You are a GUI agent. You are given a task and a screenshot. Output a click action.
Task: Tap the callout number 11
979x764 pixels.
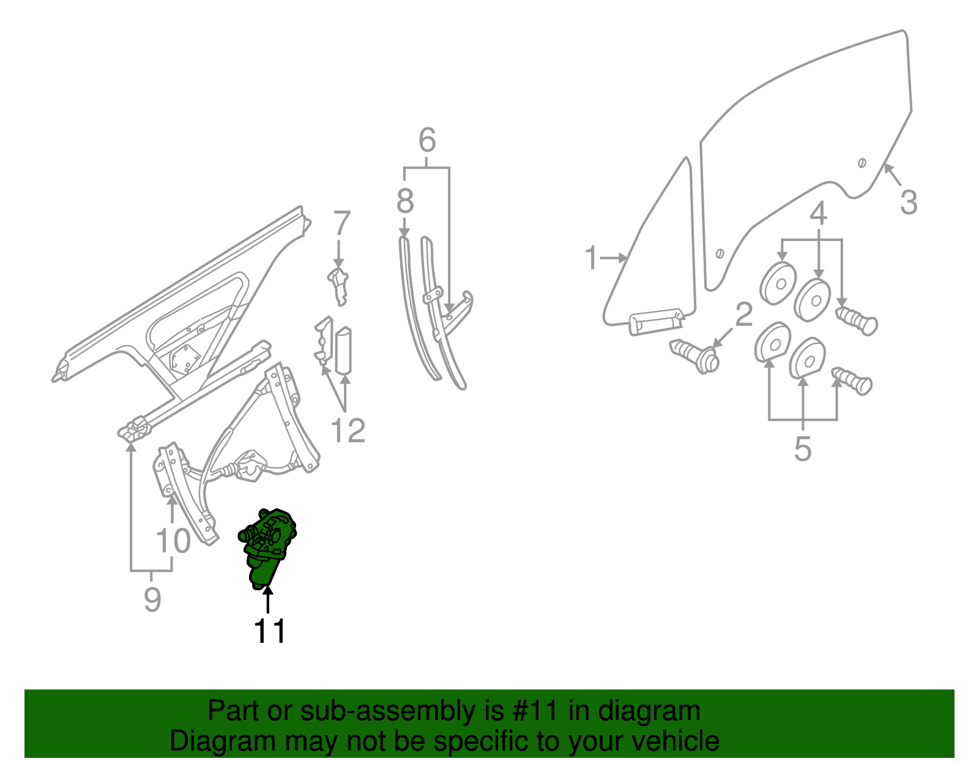coord(270,631)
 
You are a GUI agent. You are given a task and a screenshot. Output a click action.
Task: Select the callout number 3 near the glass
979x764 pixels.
coord(909,202)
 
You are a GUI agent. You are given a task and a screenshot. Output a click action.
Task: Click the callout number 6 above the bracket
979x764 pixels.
coord(427,141)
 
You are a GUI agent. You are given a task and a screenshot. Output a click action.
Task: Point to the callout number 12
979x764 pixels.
coord(348,431)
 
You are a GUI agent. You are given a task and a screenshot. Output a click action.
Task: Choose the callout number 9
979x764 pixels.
coord(152,599)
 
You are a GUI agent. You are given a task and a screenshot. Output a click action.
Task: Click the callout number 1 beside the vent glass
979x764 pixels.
coord(590,258)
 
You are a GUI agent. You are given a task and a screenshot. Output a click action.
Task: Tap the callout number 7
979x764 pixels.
coord(341,224)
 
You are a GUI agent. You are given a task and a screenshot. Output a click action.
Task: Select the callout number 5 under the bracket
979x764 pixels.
coord(803,450)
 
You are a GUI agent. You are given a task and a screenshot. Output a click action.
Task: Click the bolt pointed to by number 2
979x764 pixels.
coord(696,355)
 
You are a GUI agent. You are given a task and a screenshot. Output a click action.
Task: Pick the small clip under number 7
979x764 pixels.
coord(338,283)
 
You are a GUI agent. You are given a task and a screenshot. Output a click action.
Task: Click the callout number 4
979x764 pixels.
coord(818,213)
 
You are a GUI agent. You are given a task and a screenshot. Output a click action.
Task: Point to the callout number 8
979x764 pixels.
coord(404,201)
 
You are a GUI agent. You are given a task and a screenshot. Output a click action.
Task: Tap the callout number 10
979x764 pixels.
coord(173,541)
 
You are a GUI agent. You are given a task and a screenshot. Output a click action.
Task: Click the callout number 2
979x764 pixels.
coord(743,314)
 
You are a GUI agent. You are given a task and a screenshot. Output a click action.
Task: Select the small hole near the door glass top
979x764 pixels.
coord(862,163)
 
